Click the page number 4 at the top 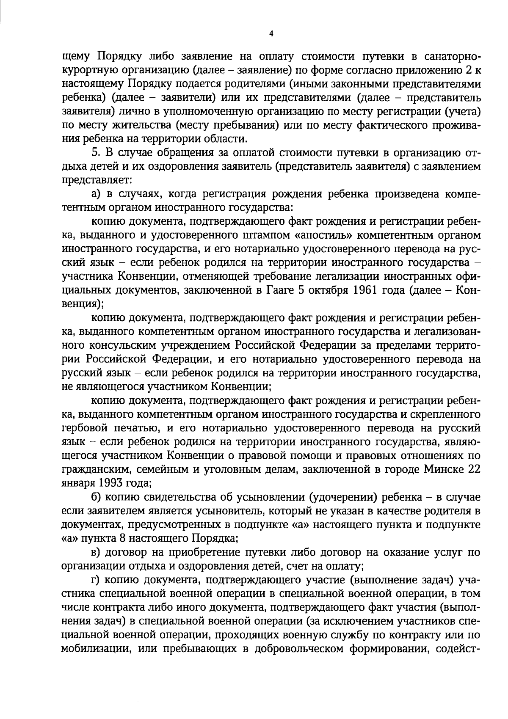point(271,34)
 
